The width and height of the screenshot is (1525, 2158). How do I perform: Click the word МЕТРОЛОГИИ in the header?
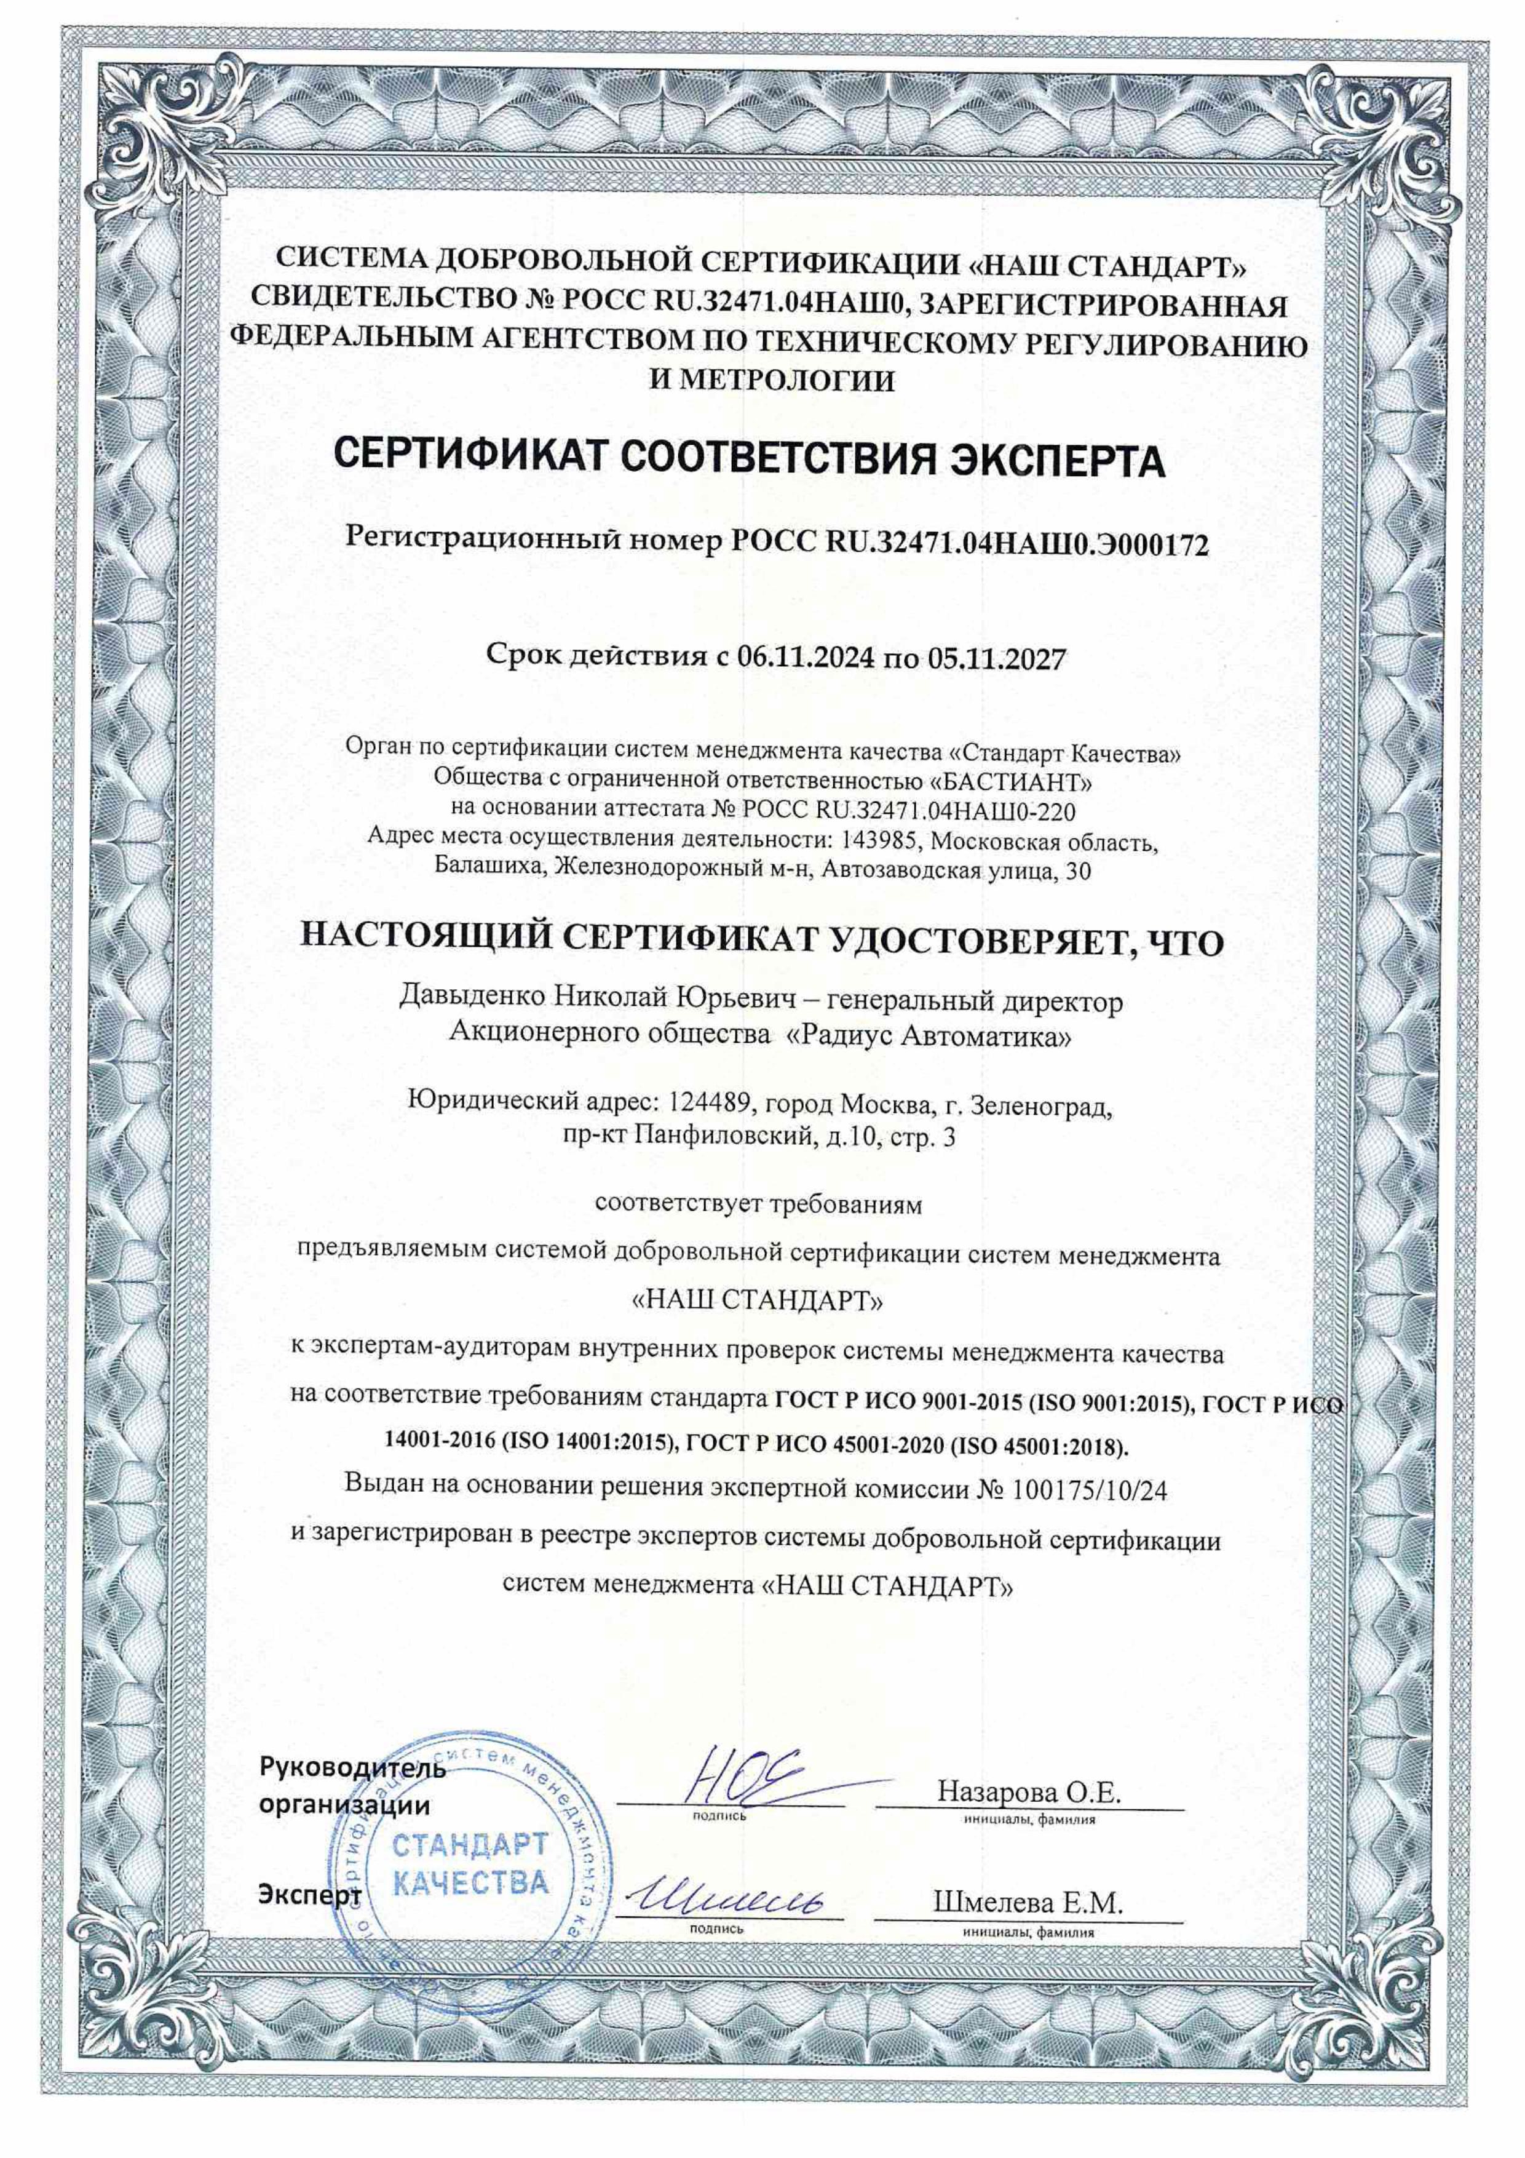[x=785, y=381]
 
